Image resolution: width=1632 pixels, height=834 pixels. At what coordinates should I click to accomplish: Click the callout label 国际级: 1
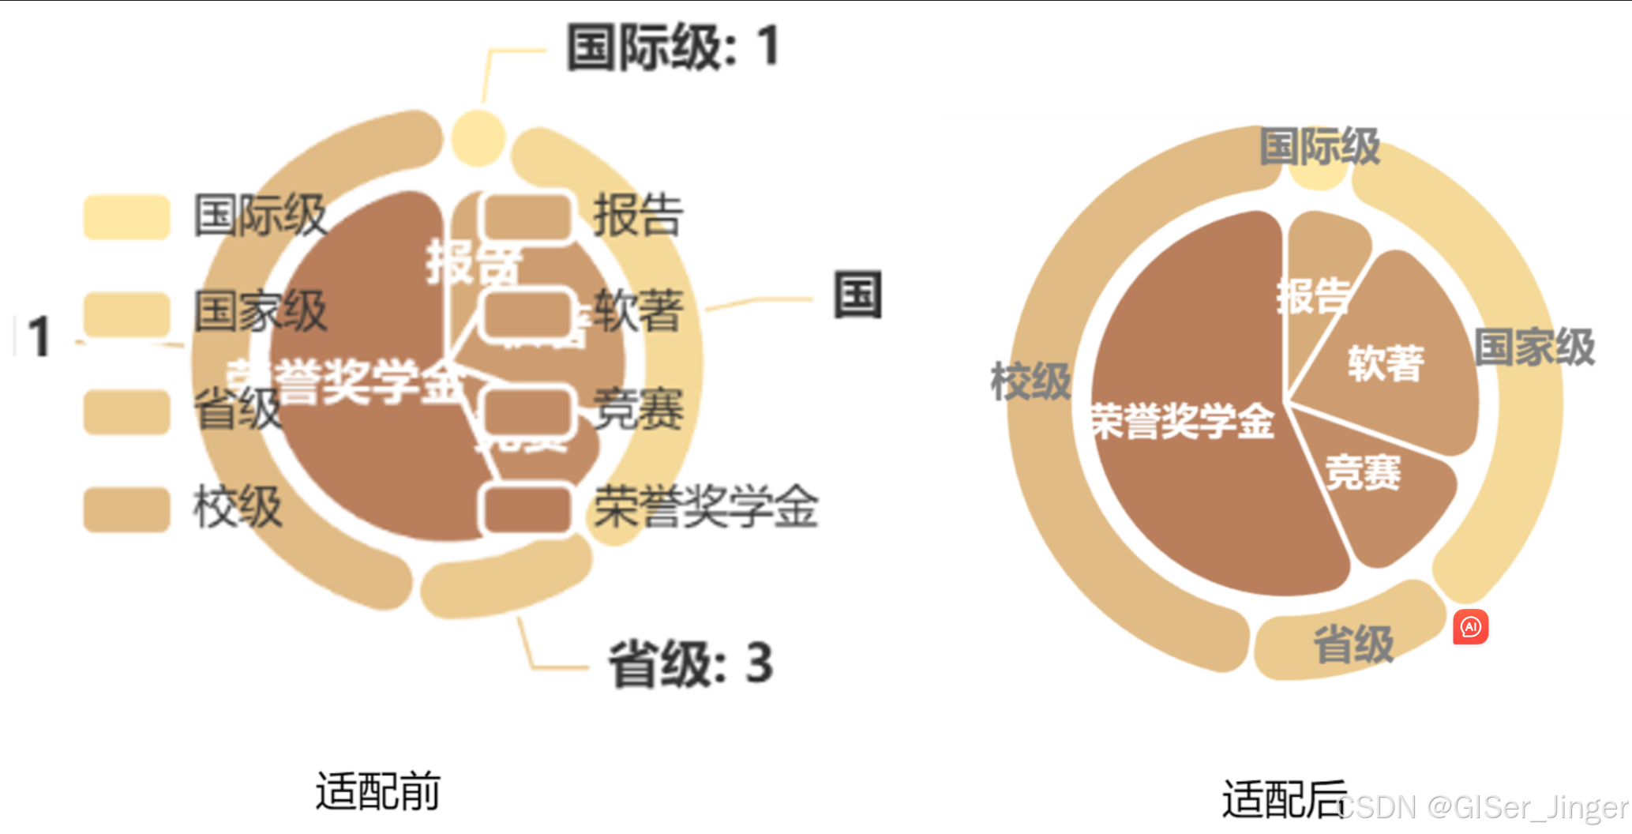[x=673, y=47]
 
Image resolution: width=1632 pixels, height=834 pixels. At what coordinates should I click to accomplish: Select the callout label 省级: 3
[x=690, y=664]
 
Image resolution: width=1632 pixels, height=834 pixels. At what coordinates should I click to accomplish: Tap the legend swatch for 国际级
[x=127, y=216]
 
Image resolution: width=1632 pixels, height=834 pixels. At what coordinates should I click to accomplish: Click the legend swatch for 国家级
[x=127, y=314]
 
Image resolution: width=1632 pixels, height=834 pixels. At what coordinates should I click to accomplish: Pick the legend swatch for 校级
[x=127, y=509]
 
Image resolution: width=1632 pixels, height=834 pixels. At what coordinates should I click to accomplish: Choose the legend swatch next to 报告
[x=527, y=216]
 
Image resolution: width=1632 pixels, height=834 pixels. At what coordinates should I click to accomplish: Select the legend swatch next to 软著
[x=527, y=314]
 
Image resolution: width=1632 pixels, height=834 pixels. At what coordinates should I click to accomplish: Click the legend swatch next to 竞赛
[x=527, y=411]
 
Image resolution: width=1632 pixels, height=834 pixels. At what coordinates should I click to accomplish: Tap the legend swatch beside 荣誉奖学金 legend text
[x=527, y=509]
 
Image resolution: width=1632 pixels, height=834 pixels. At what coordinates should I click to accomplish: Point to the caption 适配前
[x=377, y=791]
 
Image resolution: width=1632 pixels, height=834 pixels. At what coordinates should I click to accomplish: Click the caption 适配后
[x=1284, y=799]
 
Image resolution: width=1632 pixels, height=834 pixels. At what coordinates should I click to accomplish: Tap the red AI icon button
[x=1470, y=627]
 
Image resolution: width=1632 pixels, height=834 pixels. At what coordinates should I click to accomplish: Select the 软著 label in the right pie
[x=1386, y=363]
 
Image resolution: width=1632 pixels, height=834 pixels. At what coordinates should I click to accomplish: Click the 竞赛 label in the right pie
[x=1363, y=472]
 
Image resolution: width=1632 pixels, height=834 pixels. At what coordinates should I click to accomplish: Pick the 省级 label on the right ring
[x=1353, y=644]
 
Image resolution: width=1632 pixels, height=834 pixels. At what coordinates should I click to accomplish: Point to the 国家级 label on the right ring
[x=1534, y=347]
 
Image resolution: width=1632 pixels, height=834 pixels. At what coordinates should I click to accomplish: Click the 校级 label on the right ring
[x=1030, y=381]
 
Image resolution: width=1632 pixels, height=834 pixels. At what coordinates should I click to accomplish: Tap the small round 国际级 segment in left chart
[x=478, y=138]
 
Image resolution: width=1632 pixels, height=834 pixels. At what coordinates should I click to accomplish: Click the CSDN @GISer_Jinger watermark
[x=1483, y=807]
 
